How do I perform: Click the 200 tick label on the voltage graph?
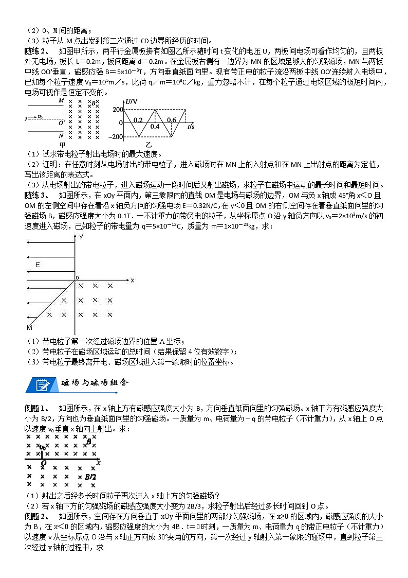click(x=117, y=110)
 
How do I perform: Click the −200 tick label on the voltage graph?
click(x=116, y=136)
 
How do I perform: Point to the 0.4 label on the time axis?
click(x=155, y=126)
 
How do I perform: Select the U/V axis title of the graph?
click(x=131, y=101)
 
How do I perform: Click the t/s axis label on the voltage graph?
click(x=191, y=126)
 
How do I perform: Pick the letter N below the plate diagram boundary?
click(x=61, y=135)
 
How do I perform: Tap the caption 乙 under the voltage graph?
click(x=149, y=145)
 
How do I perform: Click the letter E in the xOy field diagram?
click(x=38, y=265)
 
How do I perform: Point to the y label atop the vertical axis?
click(x=81, y=236)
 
